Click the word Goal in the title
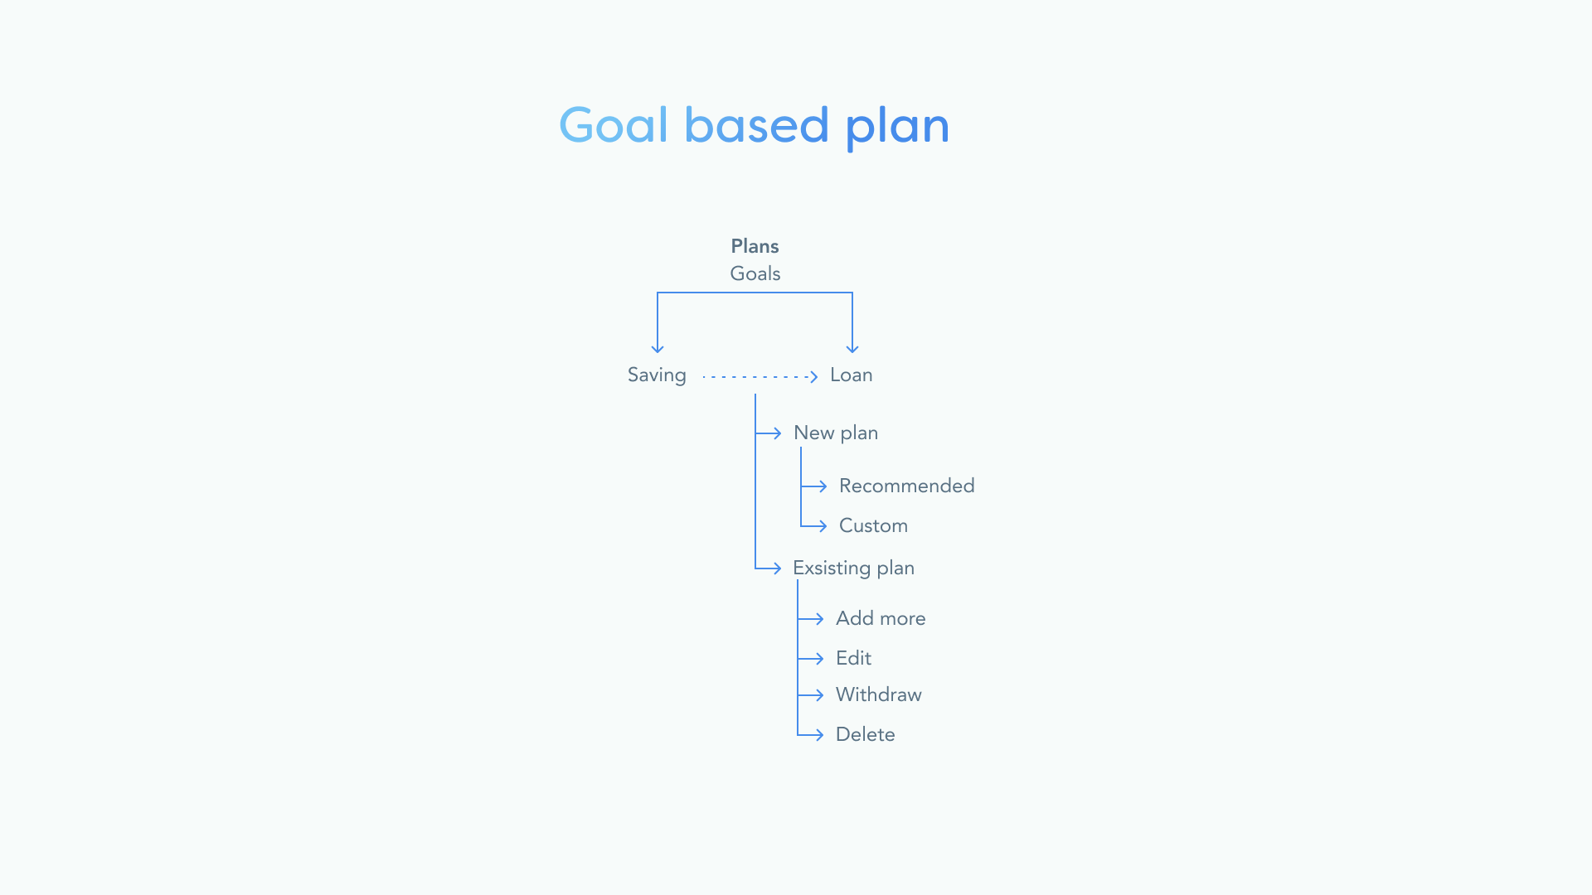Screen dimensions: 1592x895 point(614,125)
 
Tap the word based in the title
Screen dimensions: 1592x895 point(756,125)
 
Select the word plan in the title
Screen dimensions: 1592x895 point(897,128)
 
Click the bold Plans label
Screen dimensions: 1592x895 point(755,246)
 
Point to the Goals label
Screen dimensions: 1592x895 point(755,273)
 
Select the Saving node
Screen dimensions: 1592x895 point(657,375)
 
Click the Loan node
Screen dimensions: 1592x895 point(852,375)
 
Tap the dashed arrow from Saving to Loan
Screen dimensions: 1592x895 point(760,376)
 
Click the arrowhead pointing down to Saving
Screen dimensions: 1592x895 point(658,348)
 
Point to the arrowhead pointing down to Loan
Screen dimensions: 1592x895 point(852,348)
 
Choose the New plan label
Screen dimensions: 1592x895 point(836,433)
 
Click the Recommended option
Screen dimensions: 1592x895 point(907,486)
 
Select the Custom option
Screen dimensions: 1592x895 point(873,525)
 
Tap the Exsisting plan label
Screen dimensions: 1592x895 point(853,568)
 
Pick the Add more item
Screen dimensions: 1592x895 point(881,618)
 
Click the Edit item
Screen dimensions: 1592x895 point(853,658)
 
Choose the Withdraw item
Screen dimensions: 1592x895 point(879,694)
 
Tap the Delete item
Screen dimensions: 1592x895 point(865,734)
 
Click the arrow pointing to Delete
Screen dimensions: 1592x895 point(810,735)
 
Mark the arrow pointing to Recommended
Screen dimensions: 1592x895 point(814,486)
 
